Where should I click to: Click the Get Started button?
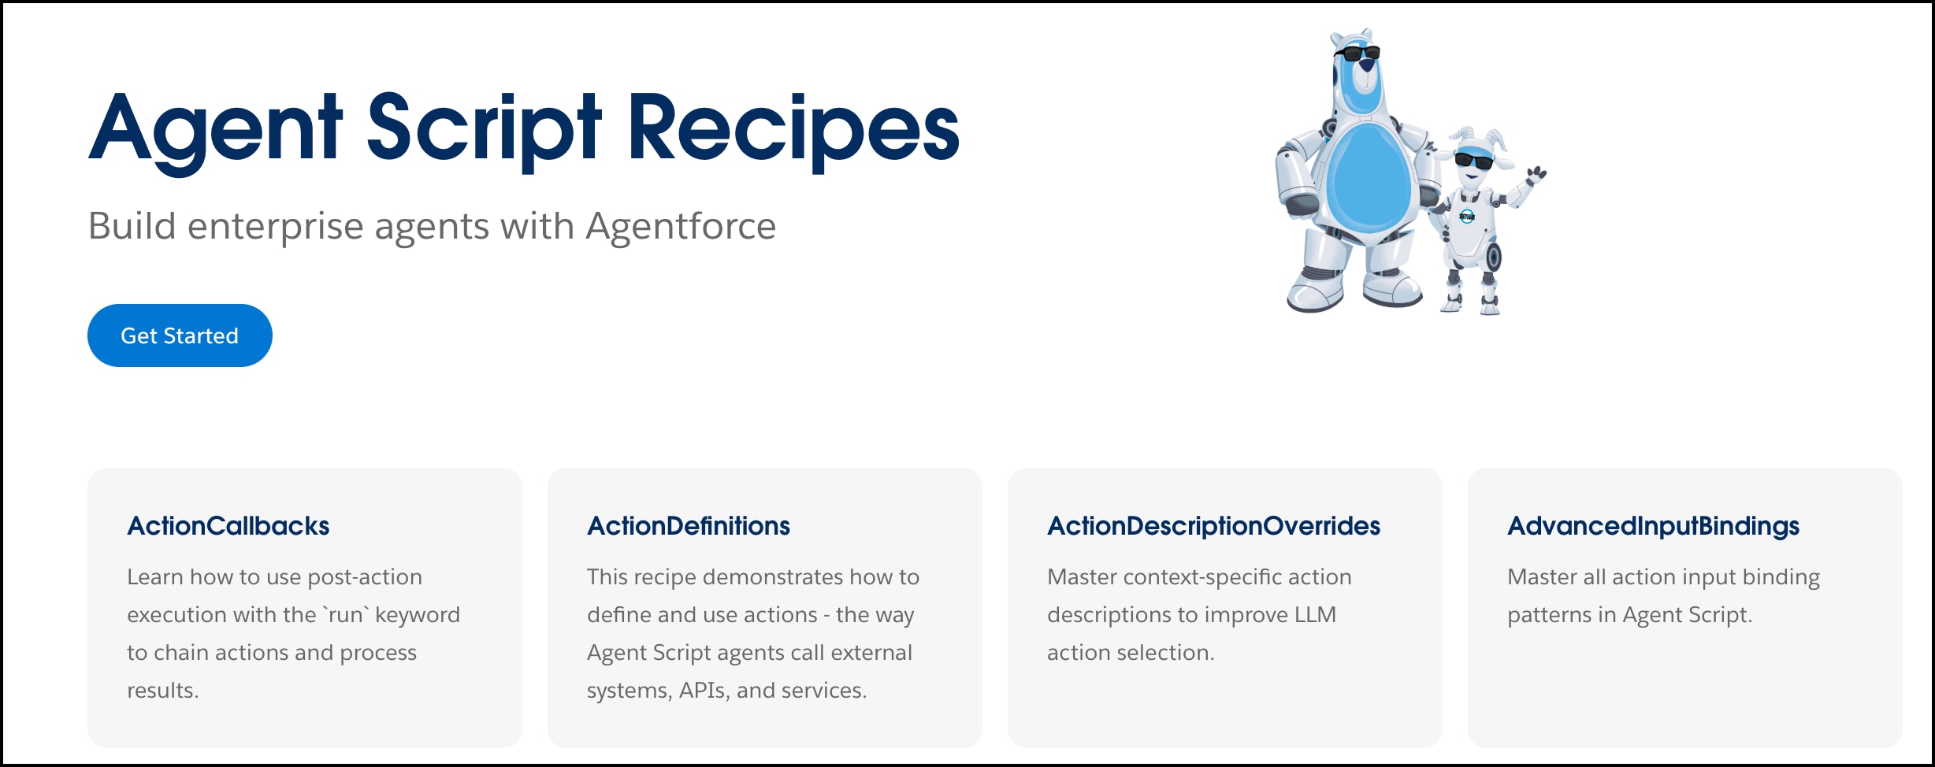pyautogui.click(x=180, y=335)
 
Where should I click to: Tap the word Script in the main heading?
pyautogui.click(x=484, y=129)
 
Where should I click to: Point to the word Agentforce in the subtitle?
pyautogui.click(x=681, y=227)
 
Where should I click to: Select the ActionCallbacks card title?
pyautogui.click(x=228, y=526)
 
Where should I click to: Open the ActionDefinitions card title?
pyautogui.click(x=688, y=526)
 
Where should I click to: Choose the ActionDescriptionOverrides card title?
pyautogui.click(x=1213, y=526)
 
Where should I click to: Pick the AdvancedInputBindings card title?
pyautogui.click(x=1653, y=526)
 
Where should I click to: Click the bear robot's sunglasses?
pyautogui.click(x=1357, y=54)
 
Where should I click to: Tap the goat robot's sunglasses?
pyautogui.click(x=1473, y=161)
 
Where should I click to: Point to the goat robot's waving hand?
pyautogui.click(x=1536, y=175)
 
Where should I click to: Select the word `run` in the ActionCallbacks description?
pyautogui.click(x=345, y=615)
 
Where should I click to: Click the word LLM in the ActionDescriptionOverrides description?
pyautogui.click(x=1315, y=615)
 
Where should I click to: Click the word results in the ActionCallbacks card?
pyautogui.click(x=162, y=691)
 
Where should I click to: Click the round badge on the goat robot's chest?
pyautogui.click(x=1466, y=216)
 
